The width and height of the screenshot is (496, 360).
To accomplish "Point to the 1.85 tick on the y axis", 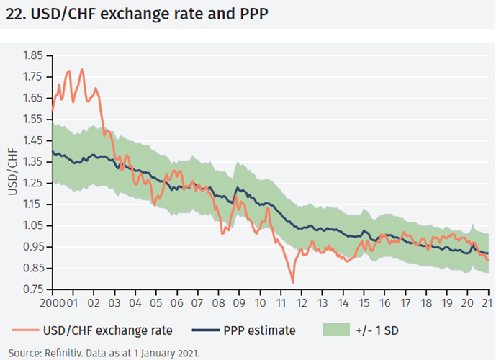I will click(x=33, y=55).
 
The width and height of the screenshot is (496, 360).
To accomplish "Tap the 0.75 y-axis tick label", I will click(x=33, y=289).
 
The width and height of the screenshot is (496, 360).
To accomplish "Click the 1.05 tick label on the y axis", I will click(x=33, y=225).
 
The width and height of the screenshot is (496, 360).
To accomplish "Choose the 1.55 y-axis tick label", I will click(x=33, y=119).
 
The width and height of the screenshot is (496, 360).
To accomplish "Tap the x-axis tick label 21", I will click(x=487, y=302).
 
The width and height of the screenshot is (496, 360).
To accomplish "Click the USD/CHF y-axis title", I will click(x=13, y=173).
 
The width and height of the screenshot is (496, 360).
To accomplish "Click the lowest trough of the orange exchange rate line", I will click(x=292, y=282).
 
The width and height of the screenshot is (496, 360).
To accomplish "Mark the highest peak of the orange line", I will click(x=81, y=70).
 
